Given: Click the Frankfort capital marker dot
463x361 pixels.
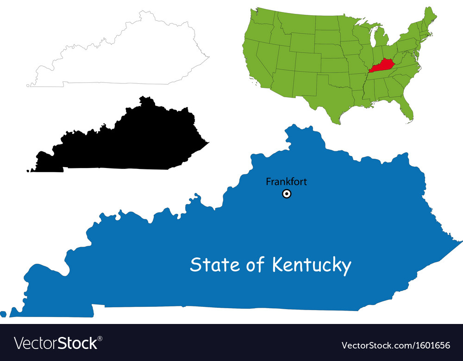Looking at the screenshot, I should coord(287,194).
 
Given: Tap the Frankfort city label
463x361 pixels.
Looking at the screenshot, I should coord(286,182).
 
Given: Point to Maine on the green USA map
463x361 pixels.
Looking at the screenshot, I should coord(430,19).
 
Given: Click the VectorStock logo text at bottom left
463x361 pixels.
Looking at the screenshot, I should coord(56,343).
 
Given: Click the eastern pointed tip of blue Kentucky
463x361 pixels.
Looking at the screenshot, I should coord(461,242).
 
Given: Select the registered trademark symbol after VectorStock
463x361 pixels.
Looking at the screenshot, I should coord(100,338).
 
